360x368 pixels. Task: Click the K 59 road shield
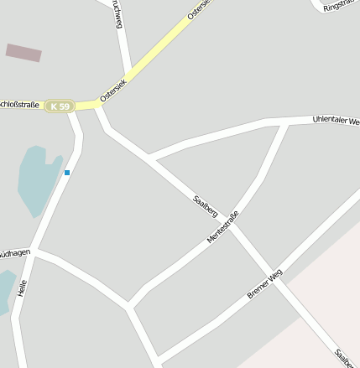(x=60, y=106)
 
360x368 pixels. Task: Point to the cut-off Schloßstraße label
(x=19, y=105)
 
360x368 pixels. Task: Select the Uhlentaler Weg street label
(x=336, y=121)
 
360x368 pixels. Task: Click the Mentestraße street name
(x=222, y=227)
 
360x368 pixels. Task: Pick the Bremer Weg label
(x=265, y=284)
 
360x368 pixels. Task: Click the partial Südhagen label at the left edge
(x=14, y=251)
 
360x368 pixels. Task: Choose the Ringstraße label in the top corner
(x=341, y=5)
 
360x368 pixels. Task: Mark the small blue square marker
(x=67, y=173)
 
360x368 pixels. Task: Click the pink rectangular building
(x=23, y=53)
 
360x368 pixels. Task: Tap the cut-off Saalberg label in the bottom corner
(x=344, y=358)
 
